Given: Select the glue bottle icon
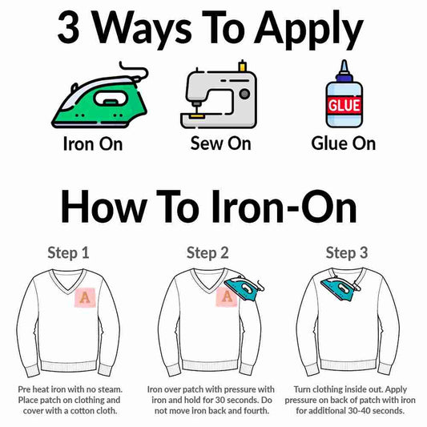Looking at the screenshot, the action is tap(344, 94).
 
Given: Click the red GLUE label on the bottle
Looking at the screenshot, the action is tap(344, 105).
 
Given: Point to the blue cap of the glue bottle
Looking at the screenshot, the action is tap(344, 73).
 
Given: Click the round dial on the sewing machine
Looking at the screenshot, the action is tap(244, 94).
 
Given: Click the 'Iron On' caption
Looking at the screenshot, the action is tap(93, 143).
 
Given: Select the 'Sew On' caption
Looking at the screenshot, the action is tap(220, 143).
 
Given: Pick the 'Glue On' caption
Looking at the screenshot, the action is tap(344, 143).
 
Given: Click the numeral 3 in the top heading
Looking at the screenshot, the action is tap(68, 27).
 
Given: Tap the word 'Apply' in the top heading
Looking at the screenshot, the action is tap(308, 30).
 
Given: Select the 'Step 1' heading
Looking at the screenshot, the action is tap(68, 253).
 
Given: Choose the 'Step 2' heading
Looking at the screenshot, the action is tap(207, 253).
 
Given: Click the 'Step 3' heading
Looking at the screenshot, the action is tap(347, 253).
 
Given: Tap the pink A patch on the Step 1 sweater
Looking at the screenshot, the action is tap(85, 297).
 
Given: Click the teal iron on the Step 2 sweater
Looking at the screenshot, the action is tap(244, 288).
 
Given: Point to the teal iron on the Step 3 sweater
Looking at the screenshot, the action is tap(341, 288).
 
